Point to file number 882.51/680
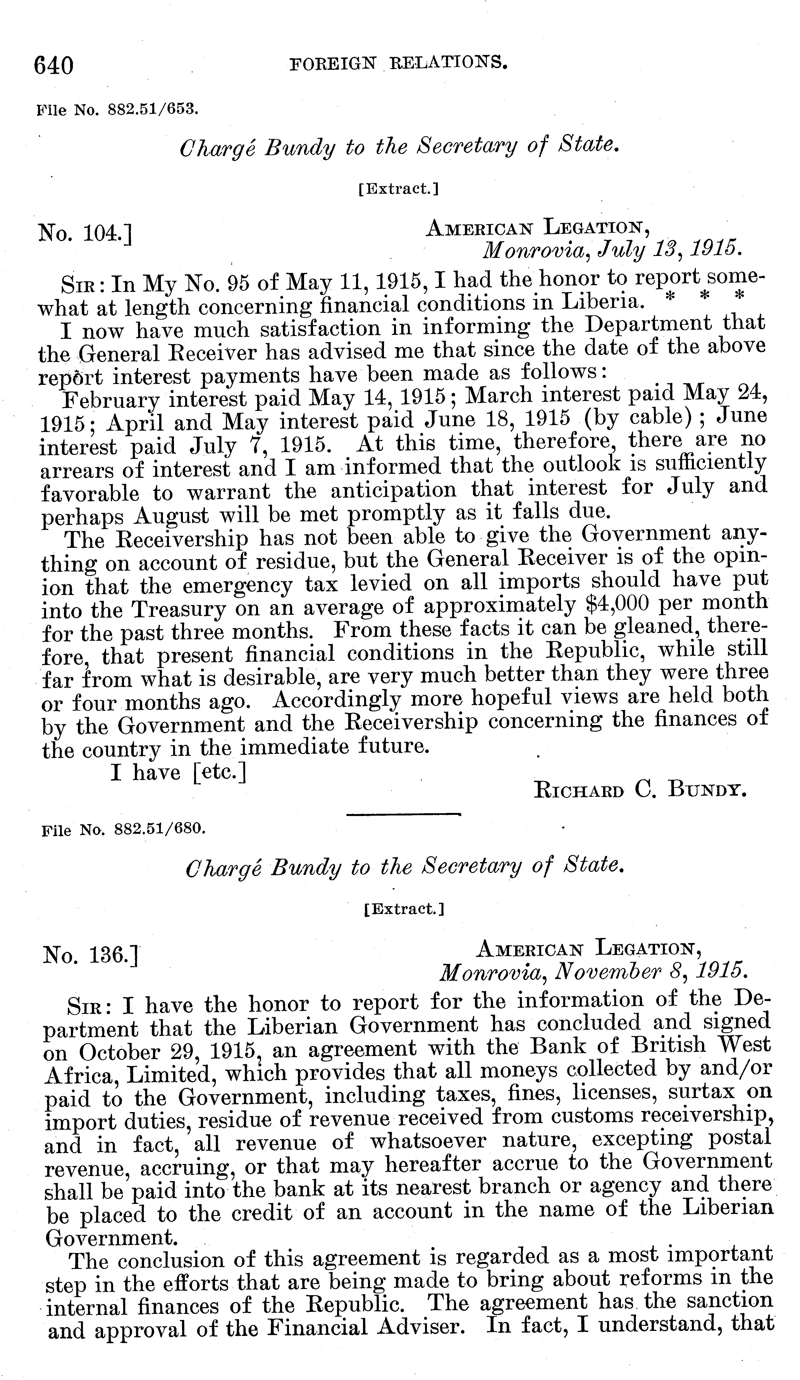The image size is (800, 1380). tap(123, 829)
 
